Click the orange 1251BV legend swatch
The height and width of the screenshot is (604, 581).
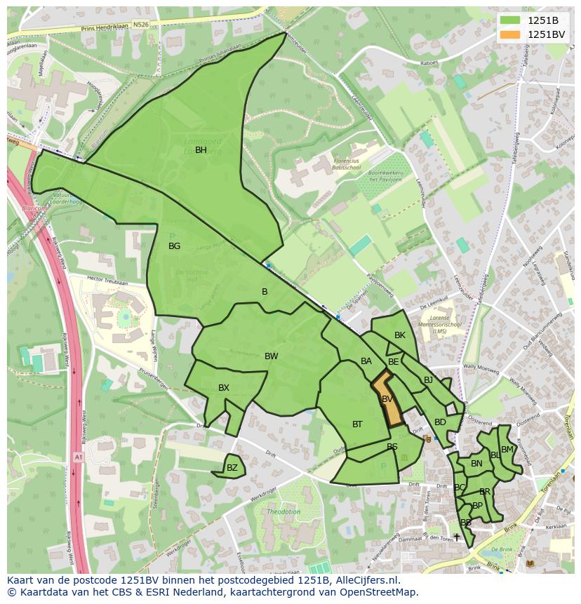click(x=510, y=34)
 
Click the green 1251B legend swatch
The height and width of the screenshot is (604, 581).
click(x=510, y=20)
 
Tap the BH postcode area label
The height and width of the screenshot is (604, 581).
click(x=201, y=150)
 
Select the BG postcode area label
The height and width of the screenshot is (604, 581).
click(x=175, y=246)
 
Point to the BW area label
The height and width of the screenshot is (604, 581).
click(x=271, y=356)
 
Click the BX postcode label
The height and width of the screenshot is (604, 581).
click(x=224, y=388)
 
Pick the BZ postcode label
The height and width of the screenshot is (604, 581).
click(x=232, y=468)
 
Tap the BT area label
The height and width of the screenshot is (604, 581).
click(x=357, y=424)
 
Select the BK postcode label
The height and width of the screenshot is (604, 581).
click(x=400, y=335)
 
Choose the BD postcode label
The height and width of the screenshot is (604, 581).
click(x=440, y=422)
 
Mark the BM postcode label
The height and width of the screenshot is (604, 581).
click(x=507, y=450)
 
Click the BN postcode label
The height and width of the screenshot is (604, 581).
click(x=476, y=464)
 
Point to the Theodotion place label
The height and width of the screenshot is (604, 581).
click(x=283, y=512)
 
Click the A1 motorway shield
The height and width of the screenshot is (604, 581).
click(x=77, y=457)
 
